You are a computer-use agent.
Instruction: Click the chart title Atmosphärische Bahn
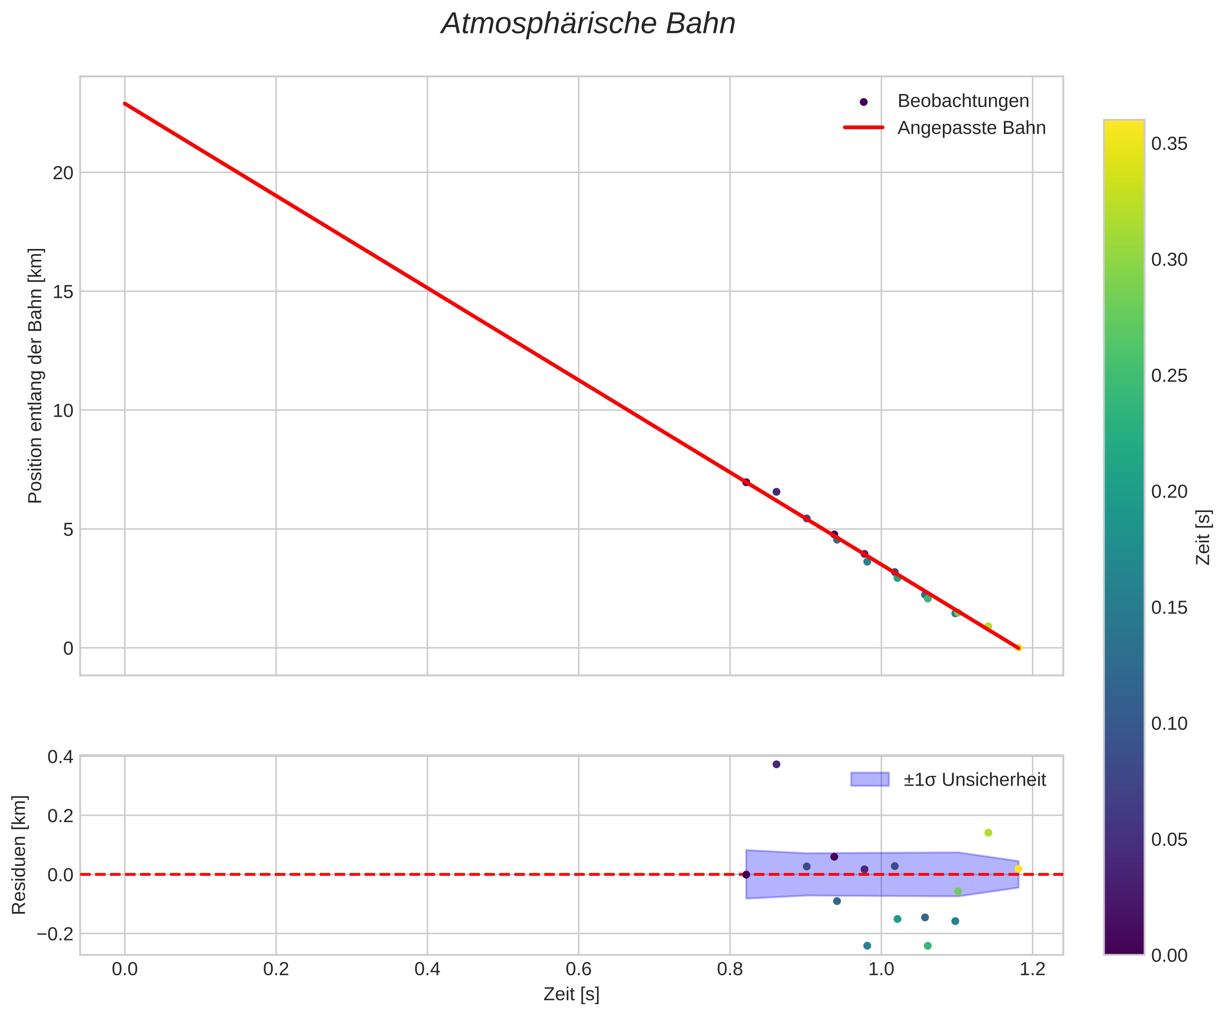point(588,24)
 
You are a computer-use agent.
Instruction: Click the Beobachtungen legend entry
point(963,101)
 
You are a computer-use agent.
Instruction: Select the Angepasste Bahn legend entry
point(971,128)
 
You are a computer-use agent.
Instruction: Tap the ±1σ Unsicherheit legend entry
point(974,780)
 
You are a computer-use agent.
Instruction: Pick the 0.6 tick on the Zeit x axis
point(578,969)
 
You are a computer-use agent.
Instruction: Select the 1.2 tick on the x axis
point(1032,969)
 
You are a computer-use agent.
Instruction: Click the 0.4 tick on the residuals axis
point(60,757)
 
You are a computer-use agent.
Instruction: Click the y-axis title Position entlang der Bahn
point(36,376)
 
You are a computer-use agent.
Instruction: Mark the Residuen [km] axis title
point(19,854)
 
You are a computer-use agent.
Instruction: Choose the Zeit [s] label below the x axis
point(571,995)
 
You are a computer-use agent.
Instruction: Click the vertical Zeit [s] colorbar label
point(1203,537)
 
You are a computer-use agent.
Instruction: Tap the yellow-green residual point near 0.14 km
point(988,832)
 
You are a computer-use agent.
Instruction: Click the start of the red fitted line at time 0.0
point(125,103)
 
